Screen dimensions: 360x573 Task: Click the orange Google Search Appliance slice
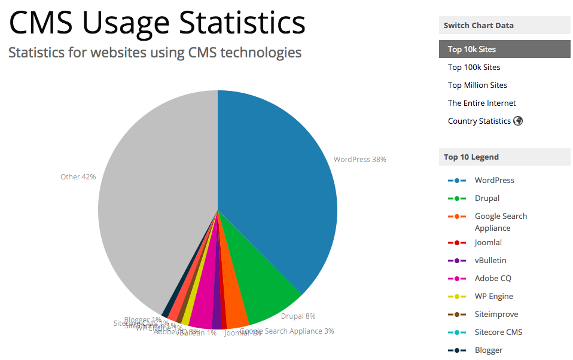pos(236,314)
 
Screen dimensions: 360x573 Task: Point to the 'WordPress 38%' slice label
pos(359,160)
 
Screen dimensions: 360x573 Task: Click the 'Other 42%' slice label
pos(78,176)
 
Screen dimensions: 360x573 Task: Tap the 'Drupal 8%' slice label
pos(298,316)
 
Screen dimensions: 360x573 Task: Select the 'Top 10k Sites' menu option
pos(472,49)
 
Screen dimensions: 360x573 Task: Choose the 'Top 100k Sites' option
pos(474,67)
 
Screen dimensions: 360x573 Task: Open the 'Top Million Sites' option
pos(477,85)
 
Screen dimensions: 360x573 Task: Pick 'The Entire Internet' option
pos(481,103)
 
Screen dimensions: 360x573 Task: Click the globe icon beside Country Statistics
pos(518,121)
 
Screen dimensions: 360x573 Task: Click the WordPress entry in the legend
pos(494,180)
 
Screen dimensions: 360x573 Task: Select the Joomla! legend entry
pos(488,242)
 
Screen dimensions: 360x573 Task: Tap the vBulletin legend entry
pos(490,260)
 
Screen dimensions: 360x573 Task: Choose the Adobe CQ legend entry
pos(493,278)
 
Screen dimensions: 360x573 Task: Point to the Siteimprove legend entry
pos(496,314)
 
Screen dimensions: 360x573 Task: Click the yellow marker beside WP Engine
pos(456,297)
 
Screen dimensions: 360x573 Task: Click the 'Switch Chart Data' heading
pos(478,25)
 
